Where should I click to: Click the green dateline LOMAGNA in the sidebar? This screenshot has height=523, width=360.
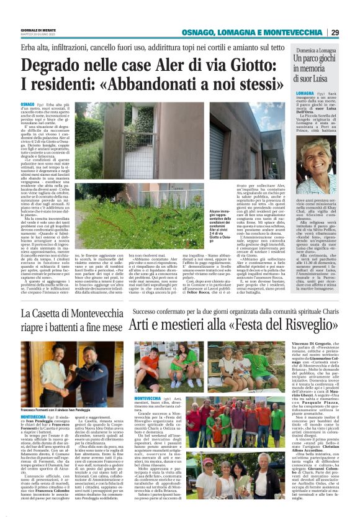305,92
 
